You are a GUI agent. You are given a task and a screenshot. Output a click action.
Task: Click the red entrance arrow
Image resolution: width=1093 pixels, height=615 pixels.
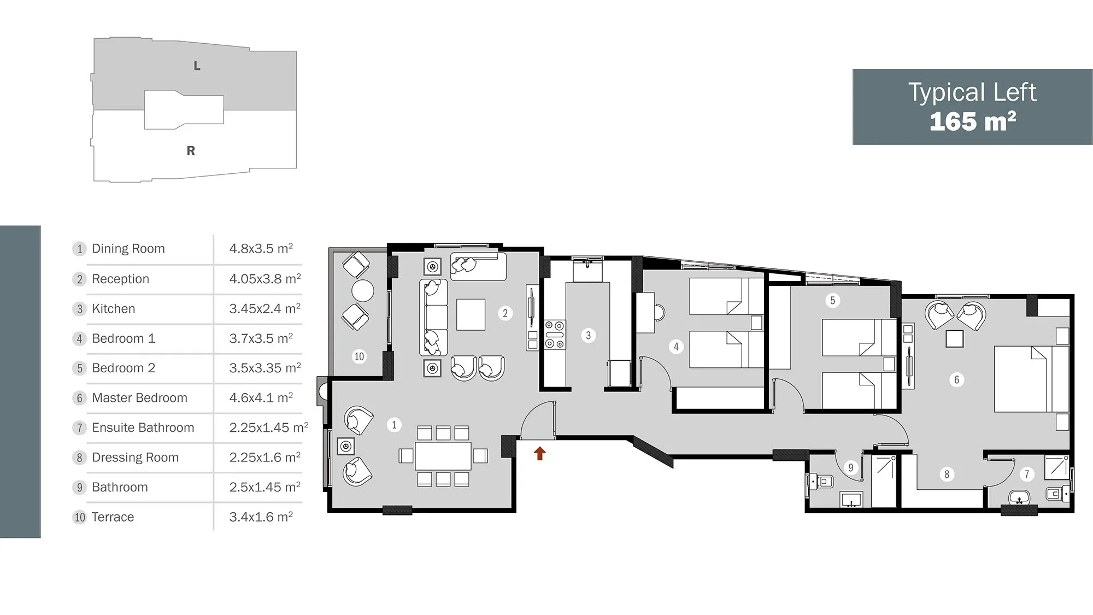(540, 453)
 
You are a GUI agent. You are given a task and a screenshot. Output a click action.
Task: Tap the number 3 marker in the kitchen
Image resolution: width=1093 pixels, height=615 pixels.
(588, 335)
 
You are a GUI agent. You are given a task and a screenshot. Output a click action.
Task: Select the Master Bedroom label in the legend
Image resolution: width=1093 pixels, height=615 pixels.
(139, 398)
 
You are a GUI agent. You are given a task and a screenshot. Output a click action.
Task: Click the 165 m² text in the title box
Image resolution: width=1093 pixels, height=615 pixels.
(973, 121)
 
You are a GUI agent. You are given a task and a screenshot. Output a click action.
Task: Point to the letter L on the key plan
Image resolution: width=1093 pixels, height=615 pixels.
(197, 66)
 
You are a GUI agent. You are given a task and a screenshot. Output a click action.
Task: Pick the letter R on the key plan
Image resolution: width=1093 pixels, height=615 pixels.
(191, 150)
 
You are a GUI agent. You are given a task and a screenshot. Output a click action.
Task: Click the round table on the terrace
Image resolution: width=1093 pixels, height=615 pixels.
(362, 291)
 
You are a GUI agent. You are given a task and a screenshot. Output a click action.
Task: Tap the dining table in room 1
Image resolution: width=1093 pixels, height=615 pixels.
(443, 456)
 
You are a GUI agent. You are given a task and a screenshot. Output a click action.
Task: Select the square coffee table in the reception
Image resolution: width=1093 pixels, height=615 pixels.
(471, 314)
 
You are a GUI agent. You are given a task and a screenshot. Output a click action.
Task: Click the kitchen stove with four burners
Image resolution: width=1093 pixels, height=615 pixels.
(555, 335)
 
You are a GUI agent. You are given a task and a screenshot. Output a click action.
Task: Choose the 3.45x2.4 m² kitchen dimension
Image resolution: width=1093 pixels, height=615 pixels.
(265, 308)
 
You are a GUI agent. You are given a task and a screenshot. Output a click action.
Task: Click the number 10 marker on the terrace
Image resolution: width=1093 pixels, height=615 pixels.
(359, 356)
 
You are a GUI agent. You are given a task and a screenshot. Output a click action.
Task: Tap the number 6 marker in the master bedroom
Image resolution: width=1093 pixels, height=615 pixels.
(956, 379)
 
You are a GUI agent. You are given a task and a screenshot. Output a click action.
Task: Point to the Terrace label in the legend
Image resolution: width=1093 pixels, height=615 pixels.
(113, 517)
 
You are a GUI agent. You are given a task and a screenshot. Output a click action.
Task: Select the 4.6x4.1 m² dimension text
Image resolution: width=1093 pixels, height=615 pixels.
(261, 397)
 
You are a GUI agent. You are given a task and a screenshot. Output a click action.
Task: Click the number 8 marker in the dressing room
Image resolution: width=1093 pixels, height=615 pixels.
(947, 474)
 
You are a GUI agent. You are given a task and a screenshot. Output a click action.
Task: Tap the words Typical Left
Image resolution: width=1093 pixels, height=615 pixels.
(972, 92)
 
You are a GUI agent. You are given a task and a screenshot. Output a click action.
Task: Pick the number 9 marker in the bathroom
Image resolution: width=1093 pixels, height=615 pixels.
(850, 467)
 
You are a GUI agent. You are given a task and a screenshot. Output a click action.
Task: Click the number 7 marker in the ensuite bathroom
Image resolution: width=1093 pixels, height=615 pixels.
(1027, 474)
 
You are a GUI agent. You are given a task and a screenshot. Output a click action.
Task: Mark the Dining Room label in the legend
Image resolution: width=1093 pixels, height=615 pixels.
(128, 249)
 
